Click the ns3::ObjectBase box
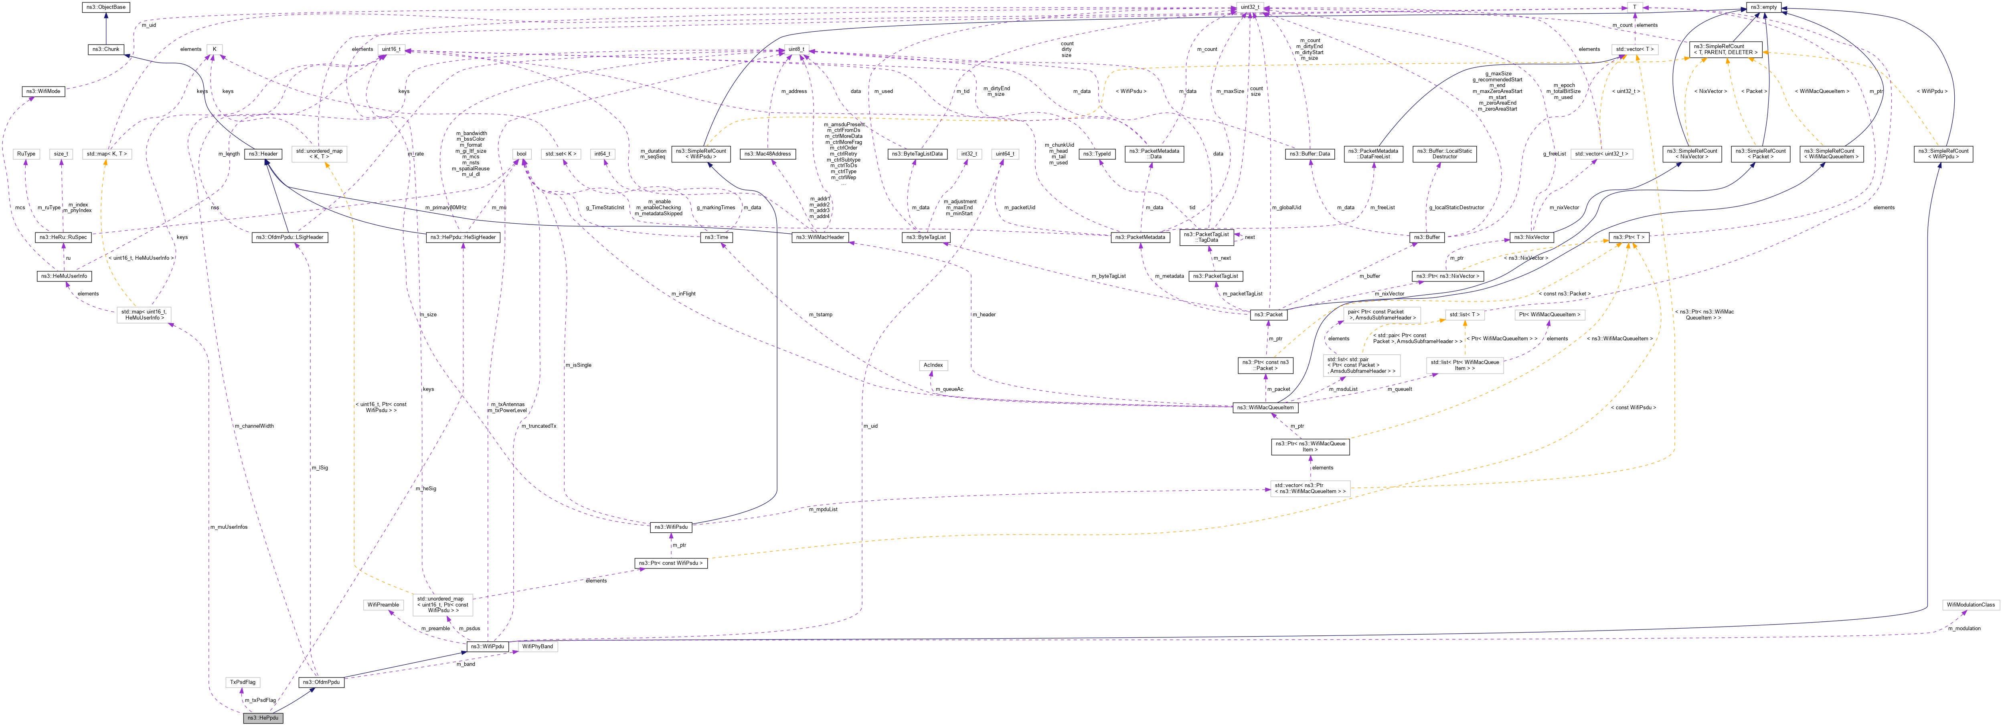(x=105, y=7)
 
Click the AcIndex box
(x=933, y=364)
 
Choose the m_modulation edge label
(x=1980, y=628)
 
